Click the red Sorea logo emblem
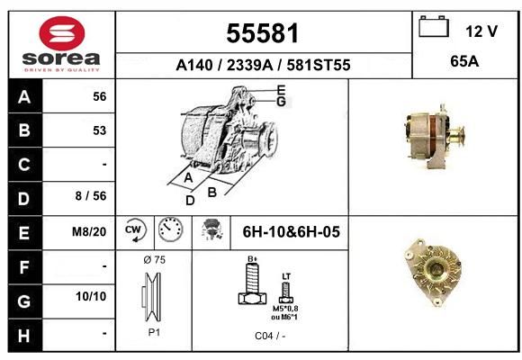click(x=62, y=33)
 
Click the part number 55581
click(x=263, y=33)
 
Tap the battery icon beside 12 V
click(x=434, y=26)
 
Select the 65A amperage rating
click(x=464, y=61)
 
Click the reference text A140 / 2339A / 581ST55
click(x=263, y=65)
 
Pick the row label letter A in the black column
click(x=24, y=97)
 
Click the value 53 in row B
click(x=100, y=130)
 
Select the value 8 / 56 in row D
click(x=91, y=196)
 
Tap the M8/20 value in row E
click(x=89, y=231)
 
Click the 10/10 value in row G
click(x=91, y=296)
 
